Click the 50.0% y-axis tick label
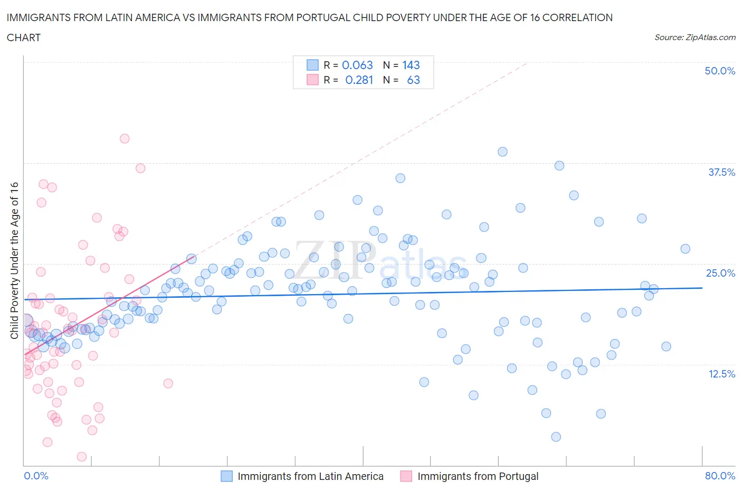(x=720, y=71)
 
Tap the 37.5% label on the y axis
(x=721, y=172)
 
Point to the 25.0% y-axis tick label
(x=720, y=273)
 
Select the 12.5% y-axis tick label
(x=721, y=374)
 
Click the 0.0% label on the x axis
(x=36, y=476)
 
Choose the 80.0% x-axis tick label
(x=720, y=476)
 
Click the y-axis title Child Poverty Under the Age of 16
(x=14, y=260)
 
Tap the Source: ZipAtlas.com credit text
(x=695, y=37)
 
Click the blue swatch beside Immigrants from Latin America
(x=226, y=476)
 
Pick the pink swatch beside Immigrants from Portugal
(x=406, y=476)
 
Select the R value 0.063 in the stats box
(x=357, y=65)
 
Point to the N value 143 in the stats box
(x=411, y=65)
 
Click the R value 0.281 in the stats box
(x=359, y=80)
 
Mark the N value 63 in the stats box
(x=413, y=80)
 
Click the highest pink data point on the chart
(x=125, y=139)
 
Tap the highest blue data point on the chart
(x=502, y=152)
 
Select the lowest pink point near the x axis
(x=82, y=457)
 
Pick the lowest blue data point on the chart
(x=556, y=437)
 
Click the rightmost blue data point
(x=685, y=249)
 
